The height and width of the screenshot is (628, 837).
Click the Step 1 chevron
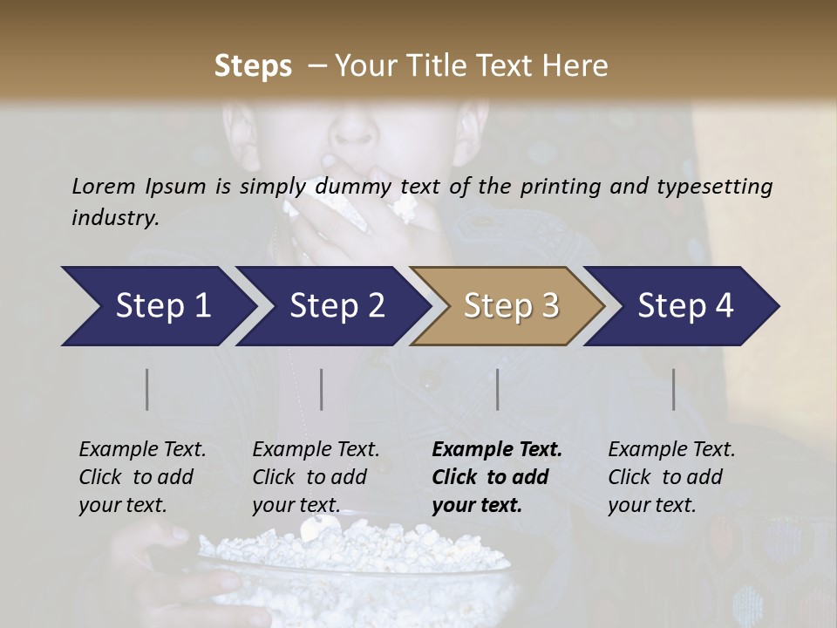point(157,306)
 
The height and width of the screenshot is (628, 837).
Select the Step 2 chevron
point(333,306)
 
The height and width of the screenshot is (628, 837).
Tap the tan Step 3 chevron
point(508,306)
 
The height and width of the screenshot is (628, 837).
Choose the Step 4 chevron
point(683,306)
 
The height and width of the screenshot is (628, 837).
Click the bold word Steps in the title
point(253,66)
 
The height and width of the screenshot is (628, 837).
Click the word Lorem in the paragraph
point(103,186)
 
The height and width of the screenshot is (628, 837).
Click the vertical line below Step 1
point(147,389)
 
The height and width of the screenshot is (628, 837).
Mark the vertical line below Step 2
point(322,389)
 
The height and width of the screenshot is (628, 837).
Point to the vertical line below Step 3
point(498,389)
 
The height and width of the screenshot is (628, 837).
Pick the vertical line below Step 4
point(674,389)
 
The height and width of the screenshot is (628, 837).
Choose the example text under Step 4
point(671,477)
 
